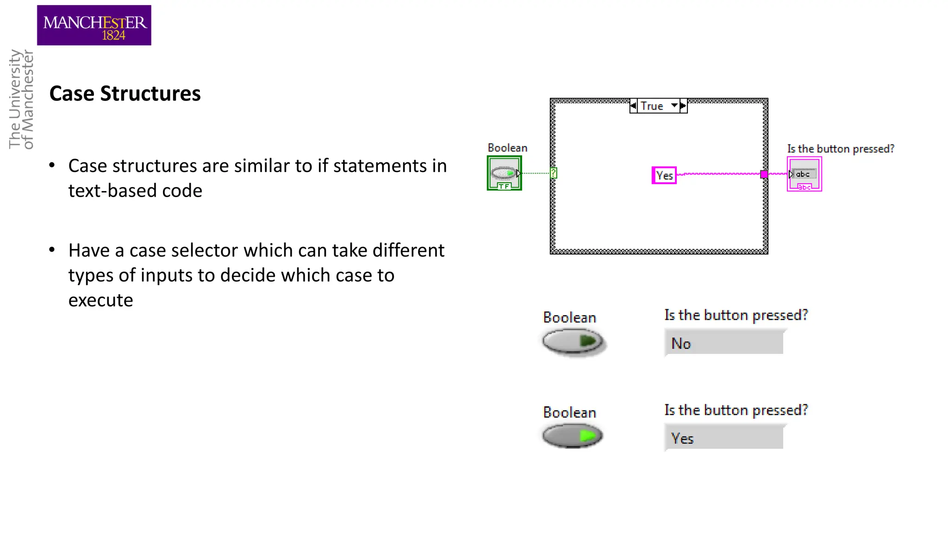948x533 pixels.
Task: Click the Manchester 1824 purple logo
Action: pyautogui.click(x=94, y=25)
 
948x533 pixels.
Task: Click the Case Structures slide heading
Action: pyautogui.click(x=125, y=93)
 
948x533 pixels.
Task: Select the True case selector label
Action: pyautogui.click(x=652, y=106)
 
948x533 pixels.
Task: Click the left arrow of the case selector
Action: pyautogui.click(x=633, y=106)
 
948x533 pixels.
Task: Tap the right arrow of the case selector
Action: pyautogui.click(x=683, y=106)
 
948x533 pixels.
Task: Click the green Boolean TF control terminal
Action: pyautogui.click(x=504, y=173)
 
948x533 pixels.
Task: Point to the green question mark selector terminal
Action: pyautogui.click(x=553, y=173)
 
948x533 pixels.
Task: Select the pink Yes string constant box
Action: pyautogui.click(x=664, y=175)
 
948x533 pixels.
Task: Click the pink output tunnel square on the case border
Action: pyautogui.click(x=764, y=174)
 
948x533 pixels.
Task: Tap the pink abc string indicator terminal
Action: pyautogui.click(x=805, y=174)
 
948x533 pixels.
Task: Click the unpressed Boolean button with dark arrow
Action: pyautogui.click(x=573, y=342)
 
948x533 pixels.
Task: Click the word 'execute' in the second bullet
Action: pyautogui.click(x=101, y=300)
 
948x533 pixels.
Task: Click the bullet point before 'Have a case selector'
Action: pyautogui.click(x=52, y=250)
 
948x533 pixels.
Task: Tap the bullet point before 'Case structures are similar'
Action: pyautogui.click(x=52, y=165)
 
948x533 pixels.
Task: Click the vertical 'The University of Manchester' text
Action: pyautogui.click(x=21, y=99)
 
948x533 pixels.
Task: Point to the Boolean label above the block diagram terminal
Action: pyautogui.click(x=507, y=148)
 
